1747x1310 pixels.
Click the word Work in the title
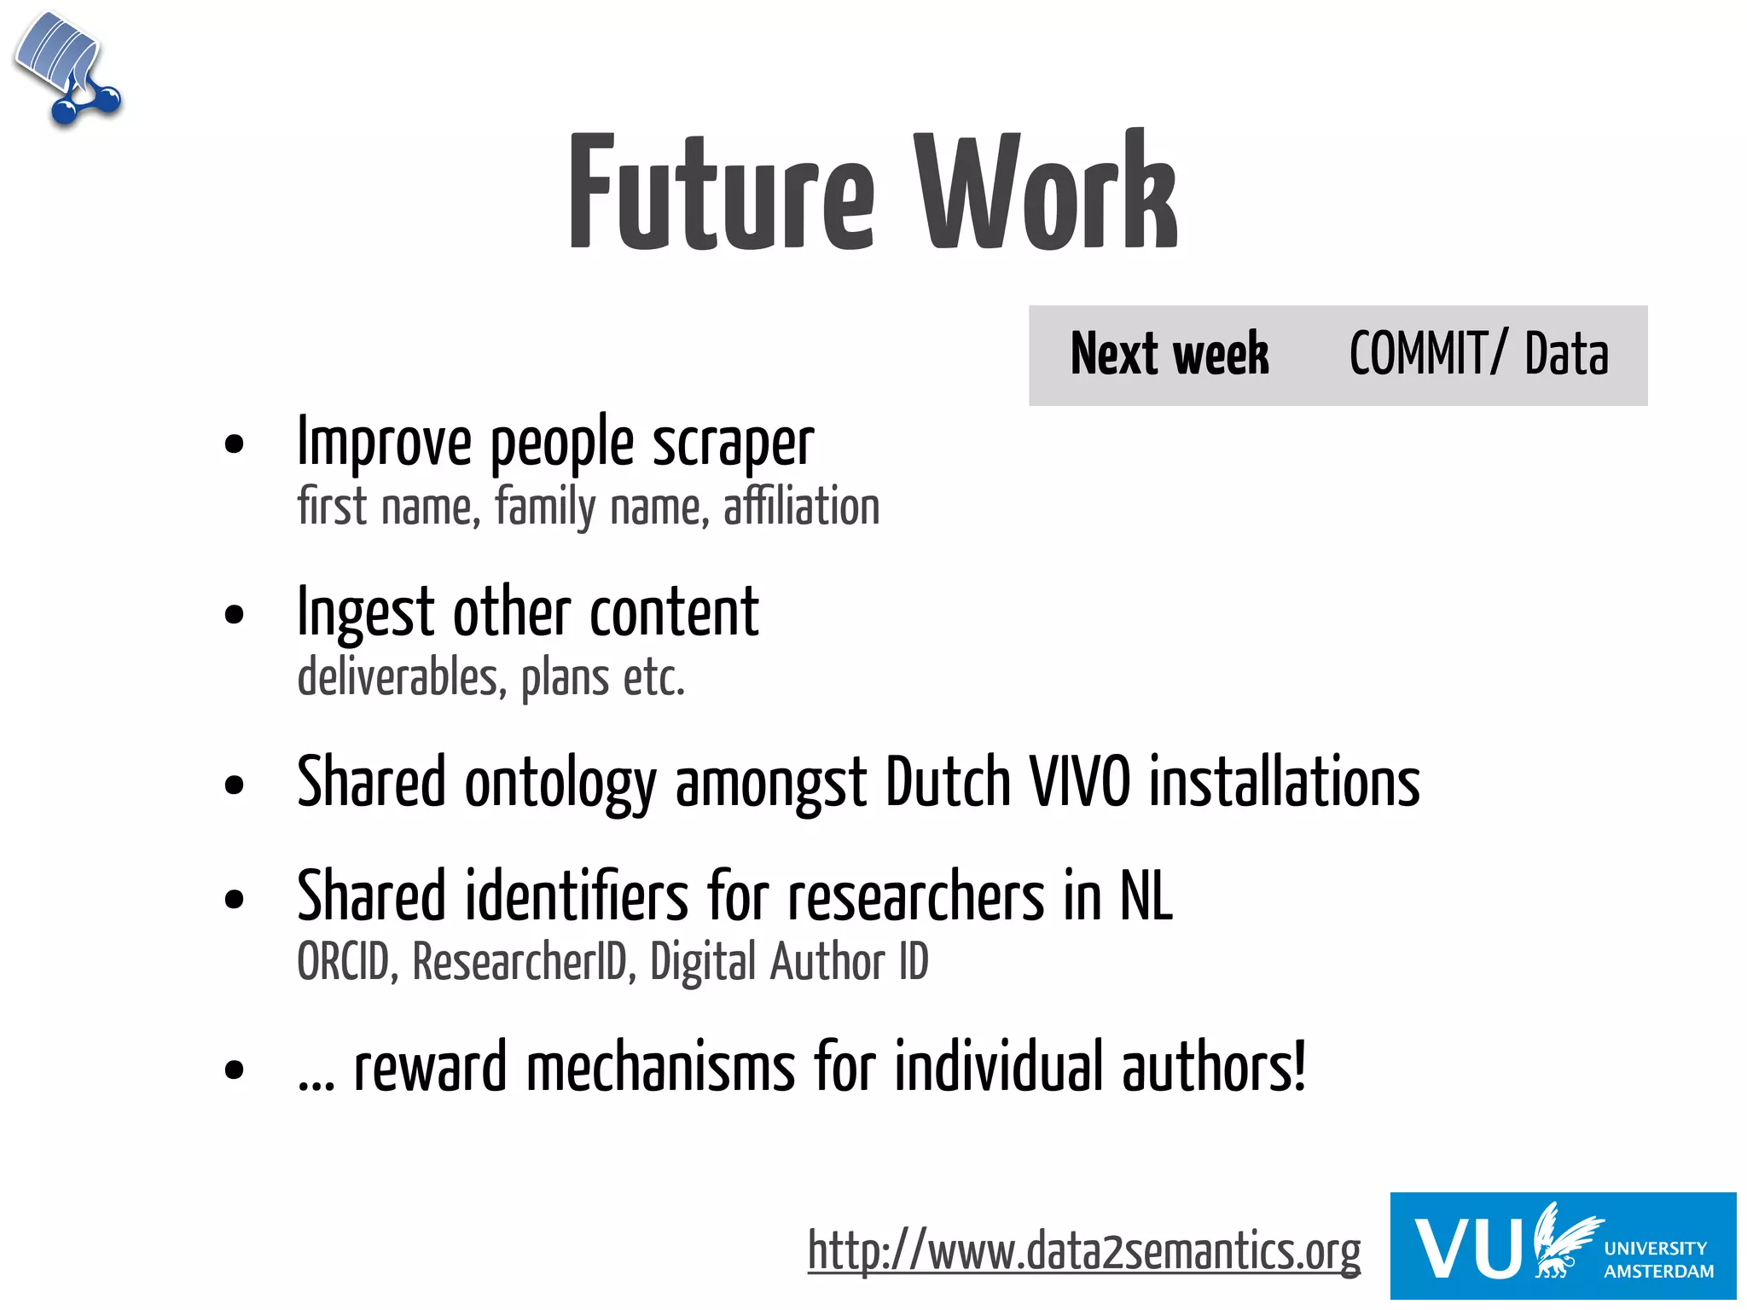tap(1046, 193)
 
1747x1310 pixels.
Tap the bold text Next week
tap(1170, 354)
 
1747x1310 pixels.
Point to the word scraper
tap(733, 445)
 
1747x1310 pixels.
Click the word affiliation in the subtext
tap(801, 507)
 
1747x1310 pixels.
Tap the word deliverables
tap(398, 678)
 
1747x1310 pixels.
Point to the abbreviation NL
tap(1146, 896)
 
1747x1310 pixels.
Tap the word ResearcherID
tap(519, 962)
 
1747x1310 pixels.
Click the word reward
tap(430, 1068)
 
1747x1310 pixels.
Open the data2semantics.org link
tap(1083, 1252)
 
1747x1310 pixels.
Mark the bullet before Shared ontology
tap(234, 785)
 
